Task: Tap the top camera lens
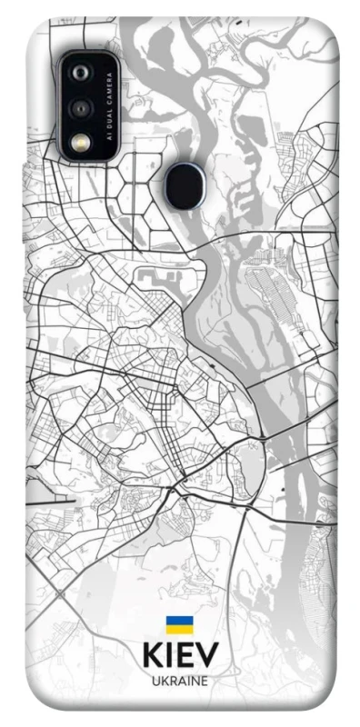coord(82,72)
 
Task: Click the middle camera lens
coord(82,108)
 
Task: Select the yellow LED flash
coord(82,142)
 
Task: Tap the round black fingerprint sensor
coord(185,184)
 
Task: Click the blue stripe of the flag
coord(179,620)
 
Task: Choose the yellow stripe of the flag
coord(179,628)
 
